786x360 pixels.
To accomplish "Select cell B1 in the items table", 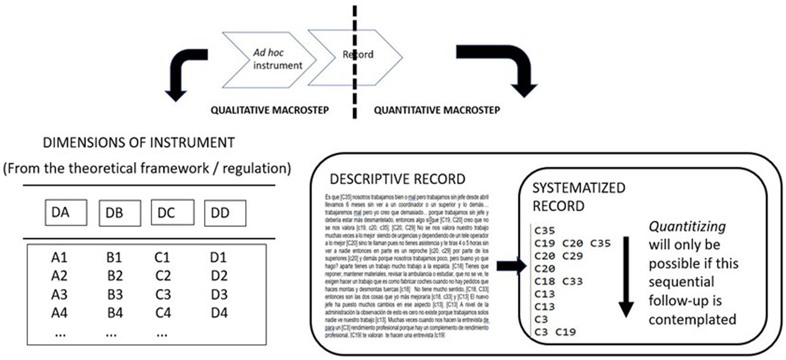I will [x=115, y=257].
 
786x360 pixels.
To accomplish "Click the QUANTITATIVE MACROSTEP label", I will [x=437, y=110].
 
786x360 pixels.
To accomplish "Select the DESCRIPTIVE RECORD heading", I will [x=398, y=179].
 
